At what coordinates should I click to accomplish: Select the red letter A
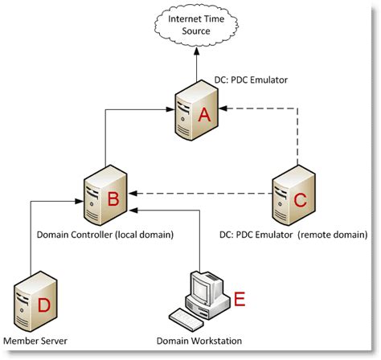coord(205,117)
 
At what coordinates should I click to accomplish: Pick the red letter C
coord(300,200)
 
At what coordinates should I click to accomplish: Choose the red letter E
coord(238,299)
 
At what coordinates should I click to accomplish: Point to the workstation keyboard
coord(191,321)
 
